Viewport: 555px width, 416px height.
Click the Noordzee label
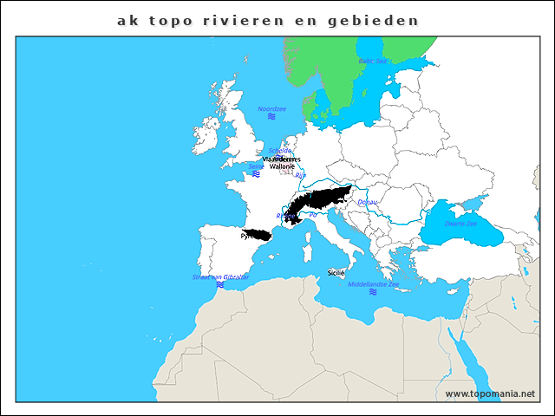coord(271,107)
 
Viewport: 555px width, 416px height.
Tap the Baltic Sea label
coord(372,62)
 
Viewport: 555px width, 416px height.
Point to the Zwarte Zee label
coord(460,223)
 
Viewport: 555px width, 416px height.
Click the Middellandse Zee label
coord(373,284)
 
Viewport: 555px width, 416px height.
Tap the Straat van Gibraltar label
coord(220,276)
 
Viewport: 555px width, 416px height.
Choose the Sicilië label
coord(336,272)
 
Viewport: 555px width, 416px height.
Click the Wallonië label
coord(282,166)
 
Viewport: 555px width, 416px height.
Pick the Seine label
coord(256,166)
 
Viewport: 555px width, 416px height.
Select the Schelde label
coord(280,150)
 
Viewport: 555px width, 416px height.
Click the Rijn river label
coord(301,175)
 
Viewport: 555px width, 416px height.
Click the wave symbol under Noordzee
coord(271,116)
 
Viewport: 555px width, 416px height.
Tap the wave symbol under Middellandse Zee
coord(373,293)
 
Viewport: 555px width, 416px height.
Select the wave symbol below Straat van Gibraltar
coord(220,285)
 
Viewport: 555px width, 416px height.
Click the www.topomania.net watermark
coord(490,393)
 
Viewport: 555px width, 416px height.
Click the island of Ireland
coord(206,135)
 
